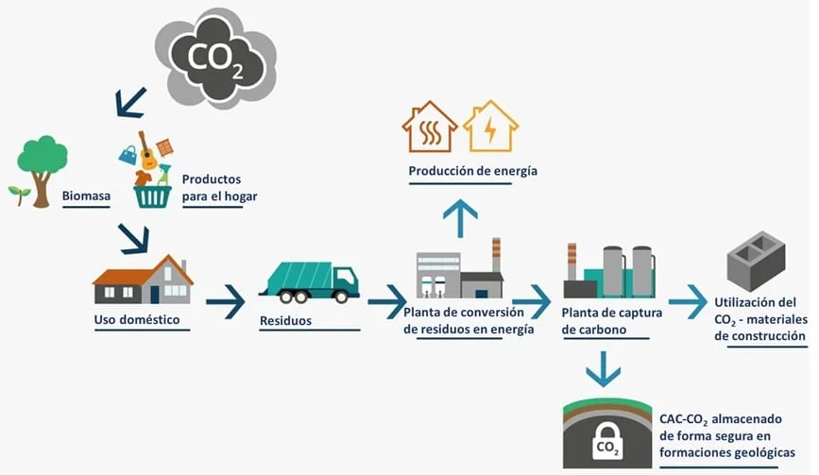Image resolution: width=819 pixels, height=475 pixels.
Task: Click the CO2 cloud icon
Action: pyautogui.click(x=215, y=58)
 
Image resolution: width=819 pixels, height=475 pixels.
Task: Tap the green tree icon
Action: pyautogui.click(x=42, y=161)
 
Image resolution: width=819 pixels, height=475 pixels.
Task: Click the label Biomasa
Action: pyautogui.click(x=86, y=197)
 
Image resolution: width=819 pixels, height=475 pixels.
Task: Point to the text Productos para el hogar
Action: pyautogui.click(x=219, y=188)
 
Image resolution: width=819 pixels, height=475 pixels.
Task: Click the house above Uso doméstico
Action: pyautogui.click(x=143, y=280)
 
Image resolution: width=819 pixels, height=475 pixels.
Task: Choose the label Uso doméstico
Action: pyautogui.click(x=136, y=320)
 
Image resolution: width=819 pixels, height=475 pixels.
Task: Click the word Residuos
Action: pyautogui.click(x=285, y=321)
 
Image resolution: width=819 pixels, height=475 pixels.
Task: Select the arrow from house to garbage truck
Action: pyautogui.click(x=225, y=302)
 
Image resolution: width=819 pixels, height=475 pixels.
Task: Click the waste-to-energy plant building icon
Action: pyautogui.click(x=459, y=273)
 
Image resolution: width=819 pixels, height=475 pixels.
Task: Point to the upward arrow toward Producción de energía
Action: pyautogui.click(x=460, y=218)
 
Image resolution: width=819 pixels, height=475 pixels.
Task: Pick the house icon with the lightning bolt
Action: pyautogui.click(x=490, y=127)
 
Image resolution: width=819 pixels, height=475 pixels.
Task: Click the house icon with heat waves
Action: pyautogui.click(x=430, y=127)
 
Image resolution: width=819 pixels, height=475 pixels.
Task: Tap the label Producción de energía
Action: pyautogui.click(x=459, y=171)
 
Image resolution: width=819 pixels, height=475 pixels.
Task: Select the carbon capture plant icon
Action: pyautogui.click(x=608, y=272)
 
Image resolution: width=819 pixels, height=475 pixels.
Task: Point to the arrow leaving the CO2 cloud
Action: pyautogui.click(x=129, y=102)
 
